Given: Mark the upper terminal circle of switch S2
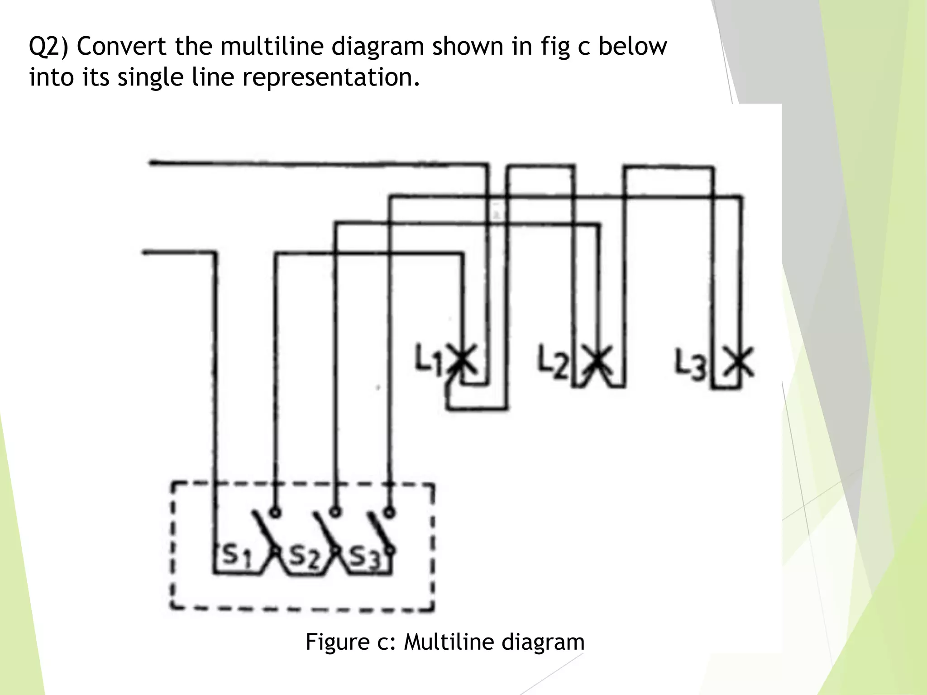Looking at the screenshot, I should pos(335,512).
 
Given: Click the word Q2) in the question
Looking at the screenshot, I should pos(48,48).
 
